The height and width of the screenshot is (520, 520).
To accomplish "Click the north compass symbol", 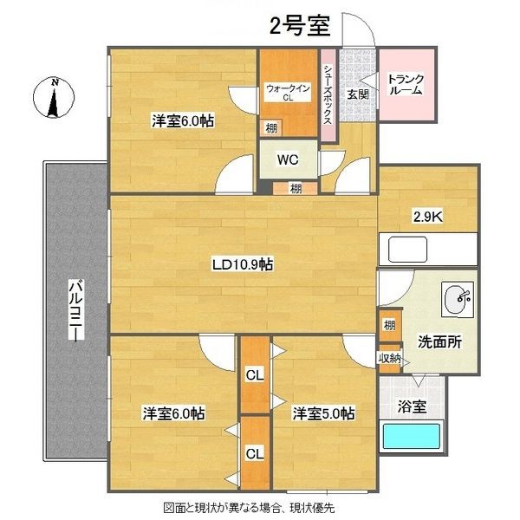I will click(55, 98).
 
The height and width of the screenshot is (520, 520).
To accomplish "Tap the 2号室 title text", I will click(300, 25).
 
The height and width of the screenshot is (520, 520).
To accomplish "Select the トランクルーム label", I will click(406, 83).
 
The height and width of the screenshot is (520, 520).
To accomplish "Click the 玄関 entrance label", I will click(358, 94).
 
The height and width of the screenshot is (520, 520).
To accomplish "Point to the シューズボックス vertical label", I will click(328, 94).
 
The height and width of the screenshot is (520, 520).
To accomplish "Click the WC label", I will click(287, 159).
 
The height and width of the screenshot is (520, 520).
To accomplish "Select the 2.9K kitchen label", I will click(426, 218).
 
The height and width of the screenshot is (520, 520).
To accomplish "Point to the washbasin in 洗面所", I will click(457, 300).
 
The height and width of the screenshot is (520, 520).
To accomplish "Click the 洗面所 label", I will click(439, 341).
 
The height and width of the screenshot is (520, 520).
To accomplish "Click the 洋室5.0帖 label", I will click(322, 413).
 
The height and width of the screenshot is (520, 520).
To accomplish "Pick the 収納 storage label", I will click(388, 358).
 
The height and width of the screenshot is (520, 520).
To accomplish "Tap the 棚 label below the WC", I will click(296, 188).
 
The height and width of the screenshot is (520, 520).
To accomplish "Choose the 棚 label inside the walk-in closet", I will click(272, 127).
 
